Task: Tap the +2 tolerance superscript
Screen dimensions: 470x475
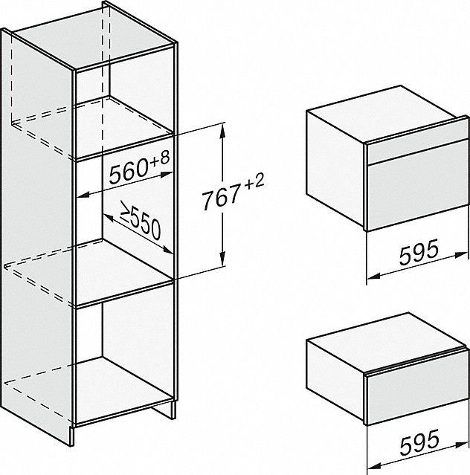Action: point(254,181)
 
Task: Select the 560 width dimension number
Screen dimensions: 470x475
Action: point(129,171)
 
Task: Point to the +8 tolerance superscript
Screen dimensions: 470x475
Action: point(159,158)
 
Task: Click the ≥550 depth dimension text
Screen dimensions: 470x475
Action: point(141,220)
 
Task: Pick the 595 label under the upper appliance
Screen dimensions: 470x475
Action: point(419,251)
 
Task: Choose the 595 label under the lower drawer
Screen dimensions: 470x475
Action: point(419,443)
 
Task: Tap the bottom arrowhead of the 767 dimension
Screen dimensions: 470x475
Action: point(222,259)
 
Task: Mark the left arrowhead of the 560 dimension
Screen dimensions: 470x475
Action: point(83,196)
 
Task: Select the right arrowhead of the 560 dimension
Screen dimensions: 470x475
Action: point(167,175)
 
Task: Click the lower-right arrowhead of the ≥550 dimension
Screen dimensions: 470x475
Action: point(167,250)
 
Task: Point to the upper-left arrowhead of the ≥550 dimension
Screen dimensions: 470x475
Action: point(108,217)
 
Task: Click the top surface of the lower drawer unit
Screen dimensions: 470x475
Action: point(384,341)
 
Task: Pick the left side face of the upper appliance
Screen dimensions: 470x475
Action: point(335,168)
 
